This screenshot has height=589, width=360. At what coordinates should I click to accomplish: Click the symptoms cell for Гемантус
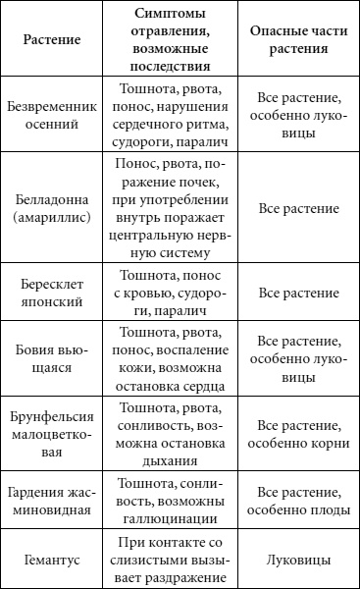(x=172, y=561)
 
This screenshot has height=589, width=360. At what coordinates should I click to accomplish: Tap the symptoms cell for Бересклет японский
(x=172, y=293)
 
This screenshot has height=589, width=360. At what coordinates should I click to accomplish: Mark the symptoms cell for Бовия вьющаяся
(x=172, y=358)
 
